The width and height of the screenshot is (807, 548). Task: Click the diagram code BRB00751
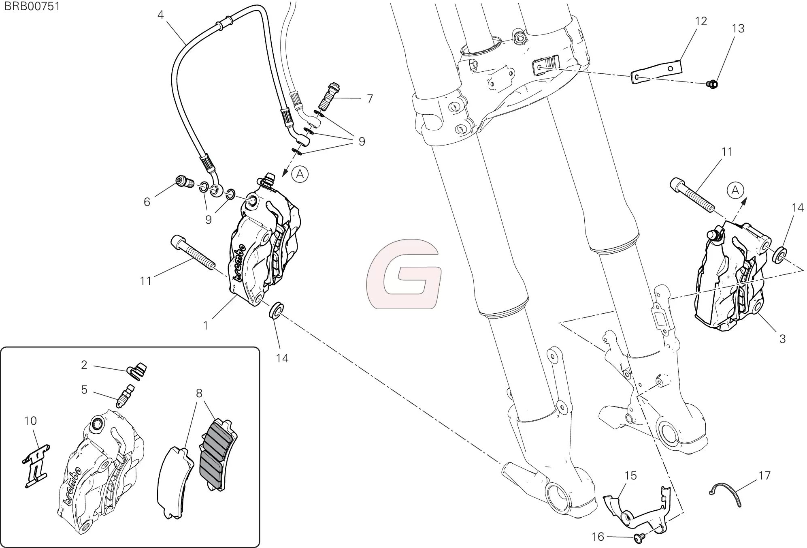pyautogui.click(x=32, y=7)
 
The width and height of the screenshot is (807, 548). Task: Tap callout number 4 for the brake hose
pyautogui.click(x=161, y=15)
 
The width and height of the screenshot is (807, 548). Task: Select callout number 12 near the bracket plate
pyautogui.click(x=701, y=21)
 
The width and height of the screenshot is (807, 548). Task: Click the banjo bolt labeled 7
pyautogui.click(x=329, y=95)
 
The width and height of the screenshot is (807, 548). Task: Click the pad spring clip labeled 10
pyautogui.click(x=36, y=465)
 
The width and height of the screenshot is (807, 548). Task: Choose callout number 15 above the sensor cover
pyautogui.click(x=630, y=475)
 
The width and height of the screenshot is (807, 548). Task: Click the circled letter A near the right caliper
pyautogui.click(x=735, y=190)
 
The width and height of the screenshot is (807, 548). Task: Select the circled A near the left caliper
pyautogui.click(x=300, y=174)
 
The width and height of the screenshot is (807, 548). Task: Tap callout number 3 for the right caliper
pyautogui.click(x=782, y=339)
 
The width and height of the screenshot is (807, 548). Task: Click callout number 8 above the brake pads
pyautogui.click(x=199, y=393)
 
